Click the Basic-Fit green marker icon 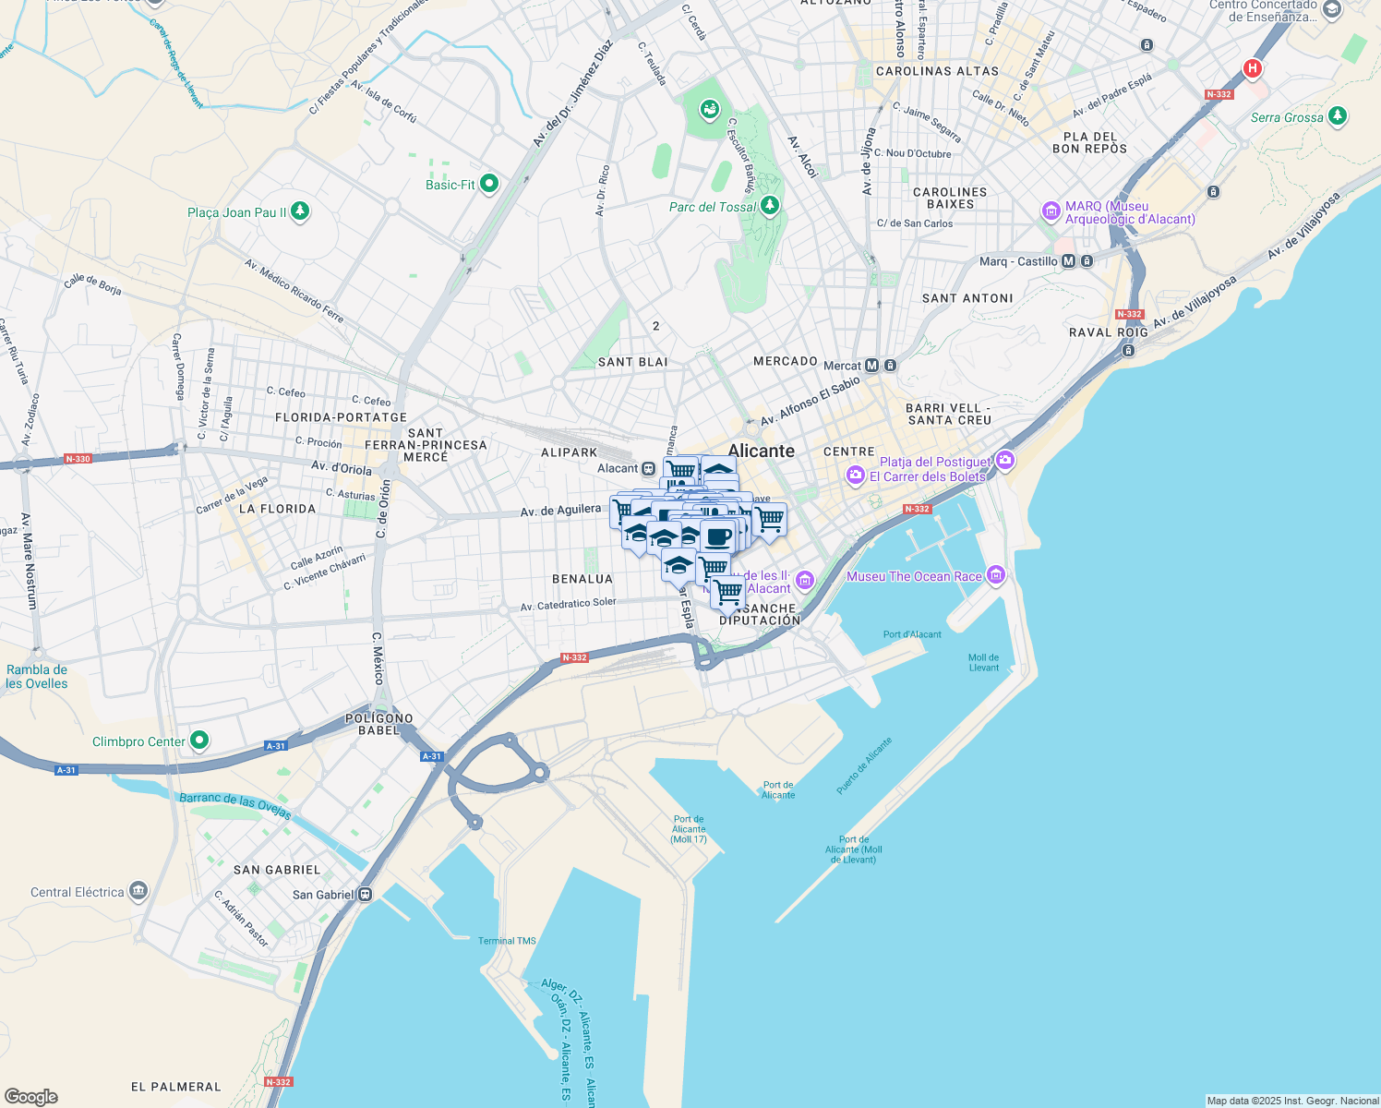tap(489, 184)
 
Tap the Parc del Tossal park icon tap(769, 206)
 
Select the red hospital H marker tap(1252, 68)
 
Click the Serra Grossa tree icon tap(1337, 116)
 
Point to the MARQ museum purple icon tap(1051, 211)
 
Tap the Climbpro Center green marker tap(198, 741)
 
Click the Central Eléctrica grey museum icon tap(138, 891)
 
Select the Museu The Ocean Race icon tap(995, 575)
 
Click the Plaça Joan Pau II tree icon tap(300, 211)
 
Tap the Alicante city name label tap(761, 451)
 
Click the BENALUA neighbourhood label tap(582, 579)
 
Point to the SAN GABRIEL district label tap(277, 870)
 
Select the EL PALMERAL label tap(176, 1087)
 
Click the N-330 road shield tap(78, 459)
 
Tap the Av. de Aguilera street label tap(560, 511)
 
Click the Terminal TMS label tap(507, 941)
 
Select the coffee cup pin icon tap(717, 536)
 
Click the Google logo tap(30, 1096)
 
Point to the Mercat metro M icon tap(871, 366)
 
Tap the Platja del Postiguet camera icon tap(1005, 460)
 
